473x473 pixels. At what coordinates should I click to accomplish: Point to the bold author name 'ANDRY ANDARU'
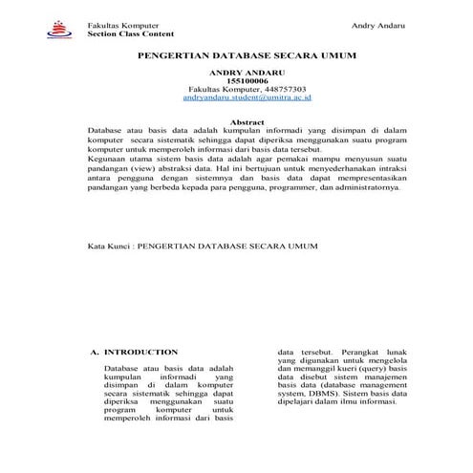tap(247, 73)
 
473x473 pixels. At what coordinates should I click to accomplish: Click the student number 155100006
tap(247, 81)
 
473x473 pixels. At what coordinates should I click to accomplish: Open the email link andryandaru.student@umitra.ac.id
tap(247, 97)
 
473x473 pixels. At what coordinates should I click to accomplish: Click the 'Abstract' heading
tap(247, 121)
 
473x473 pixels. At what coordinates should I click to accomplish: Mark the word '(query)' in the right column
tap(369, 369)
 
